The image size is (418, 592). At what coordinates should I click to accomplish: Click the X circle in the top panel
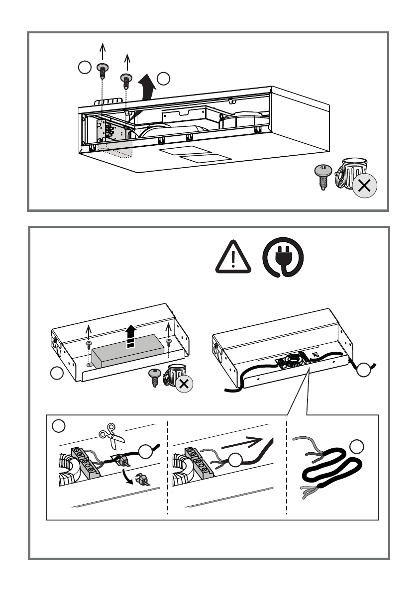tap(364, 187)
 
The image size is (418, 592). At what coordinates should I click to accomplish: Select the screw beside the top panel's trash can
tap(323, 176)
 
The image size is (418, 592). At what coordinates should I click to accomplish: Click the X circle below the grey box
tap(185, 384)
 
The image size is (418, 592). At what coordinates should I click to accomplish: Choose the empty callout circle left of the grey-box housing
tap(59, 373)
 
